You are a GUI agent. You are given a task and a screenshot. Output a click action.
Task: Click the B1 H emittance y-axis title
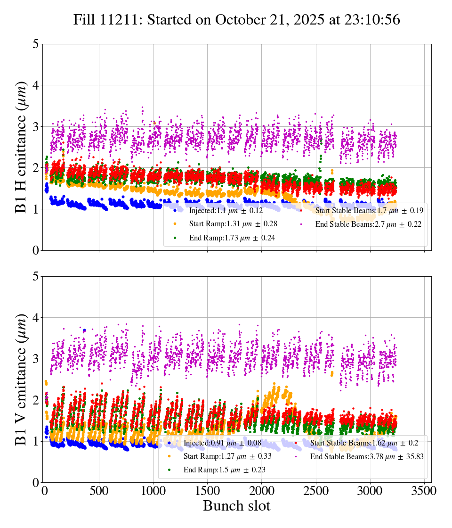(x=22, y=147)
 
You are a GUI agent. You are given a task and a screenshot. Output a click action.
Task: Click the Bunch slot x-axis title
(x=237, y=506)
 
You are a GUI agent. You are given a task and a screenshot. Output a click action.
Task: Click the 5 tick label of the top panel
(x=35, y=44)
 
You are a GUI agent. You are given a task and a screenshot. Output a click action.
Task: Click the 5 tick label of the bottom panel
(x=35, y=276)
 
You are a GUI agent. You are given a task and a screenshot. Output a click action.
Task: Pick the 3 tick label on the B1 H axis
(x=35, y=126)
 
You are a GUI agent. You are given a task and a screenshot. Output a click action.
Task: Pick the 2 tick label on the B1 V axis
(x=35, y=400)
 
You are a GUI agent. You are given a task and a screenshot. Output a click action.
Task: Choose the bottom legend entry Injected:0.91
(x=221, y=443)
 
